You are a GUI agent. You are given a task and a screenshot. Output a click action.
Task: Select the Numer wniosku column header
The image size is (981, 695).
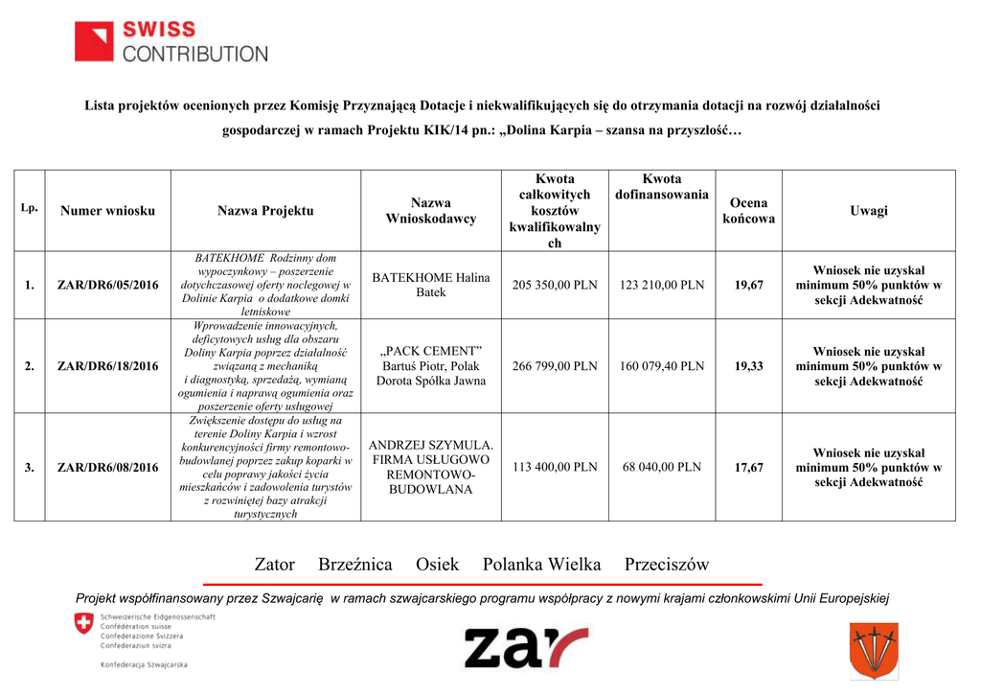[107, 210]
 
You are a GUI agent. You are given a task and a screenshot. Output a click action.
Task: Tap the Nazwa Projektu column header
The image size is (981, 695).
[265, 210]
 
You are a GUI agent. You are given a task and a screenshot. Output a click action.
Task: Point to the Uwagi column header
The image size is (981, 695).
[868, 210]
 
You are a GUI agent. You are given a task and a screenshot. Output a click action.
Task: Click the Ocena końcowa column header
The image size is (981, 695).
[748, 211]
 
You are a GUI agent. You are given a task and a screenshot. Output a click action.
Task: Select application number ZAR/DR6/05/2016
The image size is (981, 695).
[108, 285]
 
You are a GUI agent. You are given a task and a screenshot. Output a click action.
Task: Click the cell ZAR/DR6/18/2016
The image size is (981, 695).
[108, 366]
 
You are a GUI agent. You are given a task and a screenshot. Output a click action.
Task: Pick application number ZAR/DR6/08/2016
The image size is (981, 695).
[108, 467]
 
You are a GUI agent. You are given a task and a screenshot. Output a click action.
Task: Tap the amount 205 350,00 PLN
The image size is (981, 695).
[555, 285]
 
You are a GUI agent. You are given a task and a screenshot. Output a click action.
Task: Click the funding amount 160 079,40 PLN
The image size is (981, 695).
[661, 366]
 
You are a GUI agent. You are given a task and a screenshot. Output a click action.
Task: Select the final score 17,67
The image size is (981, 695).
[748, 467]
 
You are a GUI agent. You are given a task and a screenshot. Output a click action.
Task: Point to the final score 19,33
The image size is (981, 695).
[748, 366]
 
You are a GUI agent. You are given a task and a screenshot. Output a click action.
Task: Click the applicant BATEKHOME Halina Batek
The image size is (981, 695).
[431, 284]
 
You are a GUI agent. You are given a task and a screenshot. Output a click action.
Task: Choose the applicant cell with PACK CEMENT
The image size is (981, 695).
[431, 365]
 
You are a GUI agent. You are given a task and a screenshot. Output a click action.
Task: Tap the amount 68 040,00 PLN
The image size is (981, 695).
[661, 467]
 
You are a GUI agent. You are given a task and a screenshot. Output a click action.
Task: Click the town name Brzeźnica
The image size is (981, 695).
[354, 565]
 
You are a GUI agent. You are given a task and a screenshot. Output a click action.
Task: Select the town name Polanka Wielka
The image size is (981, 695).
[541, 565]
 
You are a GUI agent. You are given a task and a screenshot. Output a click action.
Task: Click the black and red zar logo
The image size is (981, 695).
[526, 648]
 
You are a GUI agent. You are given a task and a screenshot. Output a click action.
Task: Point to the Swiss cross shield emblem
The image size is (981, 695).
[84, 625]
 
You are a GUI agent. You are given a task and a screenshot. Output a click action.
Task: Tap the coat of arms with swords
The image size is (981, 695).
[873, 650]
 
